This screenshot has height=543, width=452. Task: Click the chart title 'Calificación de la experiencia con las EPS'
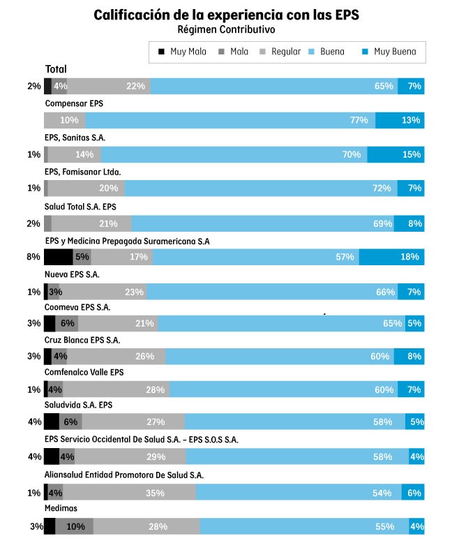[x=226, y=15]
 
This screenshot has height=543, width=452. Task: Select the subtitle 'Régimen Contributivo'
[x=226, y=30]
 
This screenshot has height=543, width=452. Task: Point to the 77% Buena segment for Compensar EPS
[x=230, y=120]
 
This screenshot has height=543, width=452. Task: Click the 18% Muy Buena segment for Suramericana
[x=391, y=257]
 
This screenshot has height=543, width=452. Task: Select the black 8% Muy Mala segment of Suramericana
[x=58, y=257]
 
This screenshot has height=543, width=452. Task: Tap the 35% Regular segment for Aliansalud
[x=129, y=492]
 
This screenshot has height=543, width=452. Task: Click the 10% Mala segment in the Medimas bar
[x=74, y=526]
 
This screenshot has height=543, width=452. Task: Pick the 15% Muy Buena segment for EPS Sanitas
[x=395, y=154]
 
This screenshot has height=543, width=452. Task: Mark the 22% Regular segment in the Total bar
[x=109, y=86]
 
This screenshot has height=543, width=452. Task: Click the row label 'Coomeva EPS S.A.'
[x=77, y=307]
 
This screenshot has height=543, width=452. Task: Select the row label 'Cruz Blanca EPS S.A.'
[x=82, y=341]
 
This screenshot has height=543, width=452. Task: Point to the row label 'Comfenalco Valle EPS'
[x=84, y=373]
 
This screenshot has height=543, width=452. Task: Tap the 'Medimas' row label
[x=61, y=508]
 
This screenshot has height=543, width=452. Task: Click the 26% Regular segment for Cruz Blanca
[x=116, y=357]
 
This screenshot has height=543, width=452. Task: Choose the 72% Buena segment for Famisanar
[x=261, y=188]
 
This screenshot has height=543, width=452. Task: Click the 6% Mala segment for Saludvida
[x=70, y=422]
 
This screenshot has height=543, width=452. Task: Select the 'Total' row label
[x=56, y=69]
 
